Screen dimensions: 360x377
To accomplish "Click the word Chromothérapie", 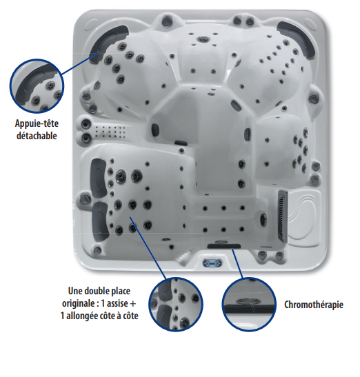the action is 314,305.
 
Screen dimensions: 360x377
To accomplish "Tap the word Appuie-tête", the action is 37,123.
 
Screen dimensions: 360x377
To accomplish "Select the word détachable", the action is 37,136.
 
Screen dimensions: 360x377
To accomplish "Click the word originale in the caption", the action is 79,304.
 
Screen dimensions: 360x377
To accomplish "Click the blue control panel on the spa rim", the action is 212,263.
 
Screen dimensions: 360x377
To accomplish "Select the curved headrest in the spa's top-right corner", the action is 297,39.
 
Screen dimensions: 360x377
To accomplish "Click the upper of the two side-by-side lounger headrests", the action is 98,178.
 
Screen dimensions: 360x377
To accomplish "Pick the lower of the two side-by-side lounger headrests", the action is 100,221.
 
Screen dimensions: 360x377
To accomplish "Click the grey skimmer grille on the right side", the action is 283,216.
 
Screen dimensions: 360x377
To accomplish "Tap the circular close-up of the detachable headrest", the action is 37,86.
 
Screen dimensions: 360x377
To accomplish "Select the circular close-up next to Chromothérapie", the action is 248,304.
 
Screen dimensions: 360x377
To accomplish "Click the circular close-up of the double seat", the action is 176,305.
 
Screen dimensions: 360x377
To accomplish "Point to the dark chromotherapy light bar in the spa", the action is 224,246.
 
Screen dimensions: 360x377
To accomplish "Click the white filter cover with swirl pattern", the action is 304,218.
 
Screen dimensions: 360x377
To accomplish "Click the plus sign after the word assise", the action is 133,304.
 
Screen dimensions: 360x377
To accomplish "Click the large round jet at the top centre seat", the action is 201,39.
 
